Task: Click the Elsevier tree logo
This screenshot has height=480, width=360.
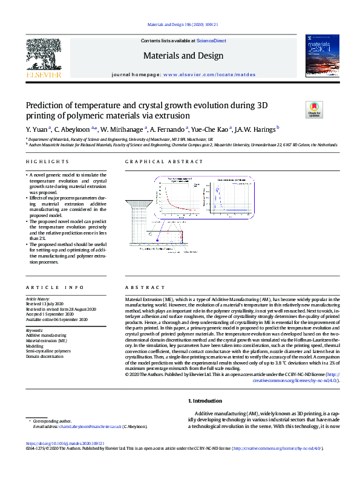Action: (43, 56)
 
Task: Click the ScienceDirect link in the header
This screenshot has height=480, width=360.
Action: (212, 41)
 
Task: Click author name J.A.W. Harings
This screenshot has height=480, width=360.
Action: (256, 129)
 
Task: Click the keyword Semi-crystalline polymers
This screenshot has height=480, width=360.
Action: (48, 351)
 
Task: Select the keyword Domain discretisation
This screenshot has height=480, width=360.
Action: (45, 356)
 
